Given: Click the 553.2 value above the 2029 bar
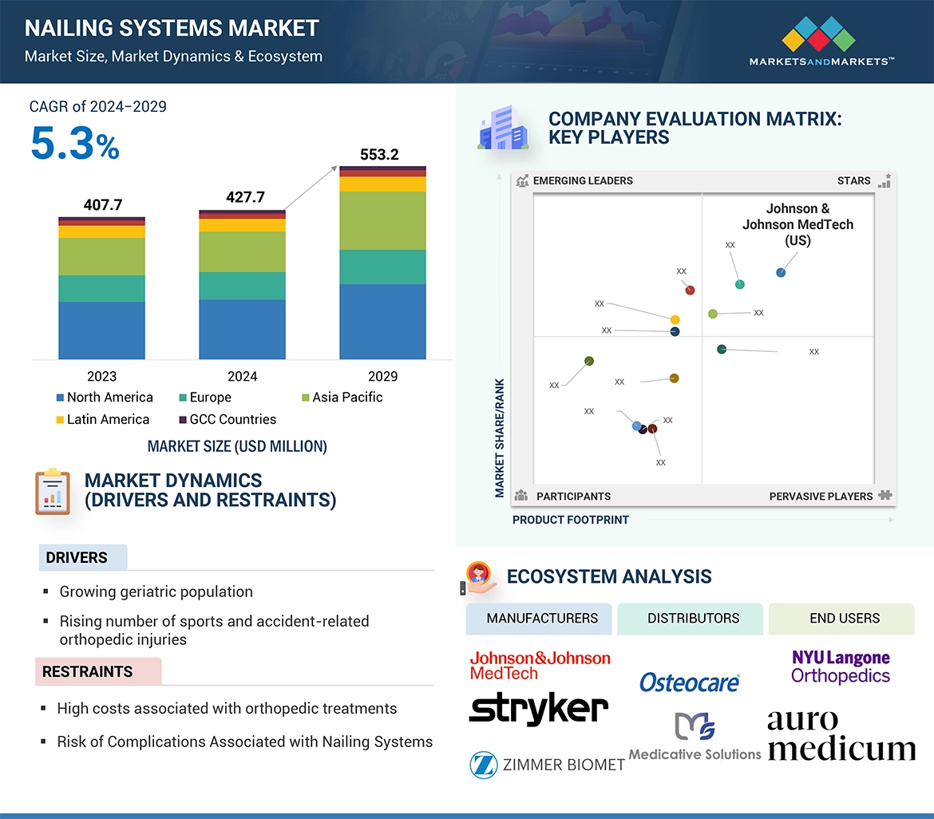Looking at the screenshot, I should [379, 154].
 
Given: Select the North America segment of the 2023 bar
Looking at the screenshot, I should [101, 330].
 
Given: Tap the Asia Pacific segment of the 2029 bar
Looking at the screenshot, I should [382, 221].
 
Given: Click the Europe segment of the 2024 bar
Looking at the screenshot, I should [242, 286].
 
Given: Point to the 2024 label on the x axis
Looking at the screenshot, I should [242, 376].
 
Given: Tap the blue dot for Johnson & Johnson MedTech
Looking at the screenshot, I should [781, 273].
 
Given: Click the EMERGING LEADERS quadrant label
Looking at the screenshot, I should [582, 180].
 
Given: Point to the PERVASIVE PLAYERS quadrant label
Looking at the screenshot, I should [821, 496].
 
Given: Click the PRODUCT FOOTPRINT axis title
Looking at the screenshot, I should [571, 520].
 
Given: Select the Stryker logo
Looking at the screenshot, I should [539, 708].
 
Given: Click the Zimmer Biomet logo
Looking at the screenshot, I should [547, 765].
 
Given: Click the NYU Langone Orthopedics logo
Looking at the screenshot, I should [841, 667].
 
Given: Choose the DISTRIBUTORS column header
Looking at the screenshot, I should [693, 618].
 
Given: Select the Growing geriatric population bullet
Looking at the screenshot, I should [156, 591].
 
